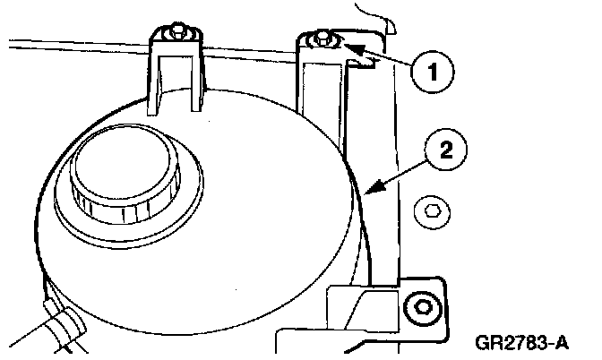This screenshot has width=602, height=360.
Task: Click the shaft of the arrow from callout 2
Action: (399, 171)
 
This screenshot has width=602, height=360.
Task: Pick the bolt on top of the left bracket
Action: (176, 33)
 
